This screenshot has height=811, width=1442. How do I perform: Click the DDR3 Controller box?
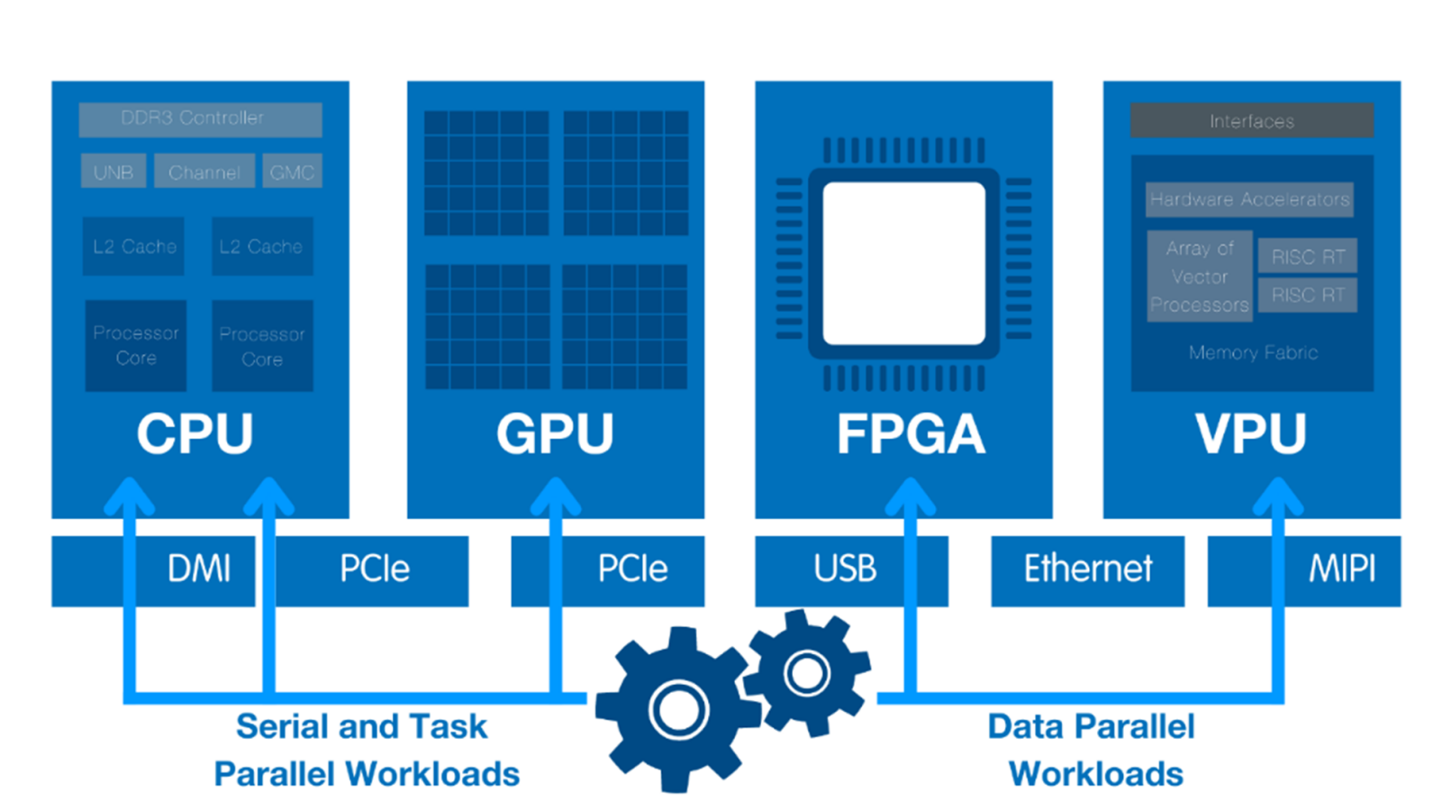click(x=200, y=119)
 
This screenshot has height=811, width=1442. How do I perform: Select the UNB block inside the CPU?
click(x=113, y=171)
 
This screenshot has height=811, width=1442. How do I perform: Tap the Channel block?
click(x=204, y=171)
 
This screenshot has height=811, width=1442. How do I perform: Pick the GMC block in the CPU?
click(x=292, y=171)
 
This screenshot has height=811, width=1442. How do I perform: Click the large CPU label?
click(x=195, y=433)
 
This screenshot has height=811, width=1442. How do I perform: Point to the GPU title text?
click(x=555, y=433)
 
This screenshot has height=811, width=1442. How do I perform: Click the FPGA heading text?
click(x=911, y=433)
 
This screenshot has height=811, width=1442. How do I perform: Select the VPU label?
click(x=1250, y=433)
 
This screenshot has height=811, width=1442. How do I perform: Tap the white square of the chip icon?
click(x=903, y=263)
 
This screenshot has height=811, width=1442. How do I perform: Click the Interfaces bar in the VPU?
click(x=1252, y=121)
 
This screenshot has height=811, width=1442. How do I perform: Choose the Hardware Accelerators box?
click(x=1249, y=199)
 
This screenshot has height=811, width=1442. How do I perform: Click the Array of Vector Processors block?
click(x=1199, y=276)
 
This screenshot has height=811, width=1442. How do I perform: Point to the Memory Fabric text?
click(x=1253, y=352)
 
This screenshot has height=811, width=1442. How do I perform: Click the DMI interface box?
click(x=199, y=570)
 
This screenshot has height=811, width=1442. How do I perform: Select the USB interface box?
click(x=845, y=570)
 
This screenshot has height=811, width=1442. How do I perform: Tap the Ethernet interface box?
click(x=1087, y=570)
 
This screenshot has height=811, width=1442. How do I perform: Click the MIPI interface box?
click(x=1340, y=570)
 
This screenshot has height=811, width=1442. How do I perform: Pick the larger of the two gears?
click(x=678, y=709)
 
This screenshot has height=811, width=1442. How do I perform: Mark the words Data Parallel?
click(x=1091, y=726)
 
